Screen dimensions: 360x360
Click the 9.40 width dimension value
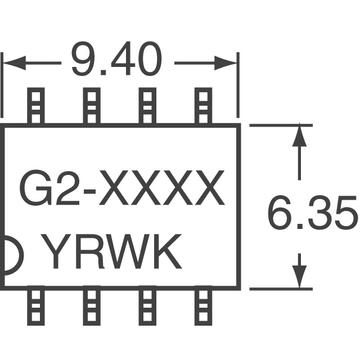tap(116, 60)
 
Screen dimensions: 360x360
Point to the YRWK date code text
tap(112, 253)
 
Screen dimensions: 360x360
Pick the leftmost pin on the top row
tap(35, 106)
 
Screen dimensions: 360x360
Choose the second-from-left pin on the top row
tap(91, 106)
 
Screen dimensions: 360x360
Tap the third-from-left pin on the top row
tap(147, 106)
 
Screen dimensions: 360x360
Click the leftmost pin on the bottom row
tap(35, 307)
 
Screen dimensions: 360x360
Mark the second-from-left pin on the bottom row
tap(91, 307)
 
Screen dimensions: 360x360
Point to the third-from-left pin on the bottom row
tap(147, 307)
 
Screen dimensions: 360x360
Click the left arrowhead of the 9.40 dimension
tap(12, 62)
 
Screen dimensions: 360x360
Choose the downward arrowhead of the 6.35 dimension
tap(300, 276)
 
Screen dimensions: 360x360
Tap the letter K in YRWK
tap(166, 253)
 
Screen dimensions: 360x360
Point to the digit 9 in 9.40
tap(82, 60)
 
